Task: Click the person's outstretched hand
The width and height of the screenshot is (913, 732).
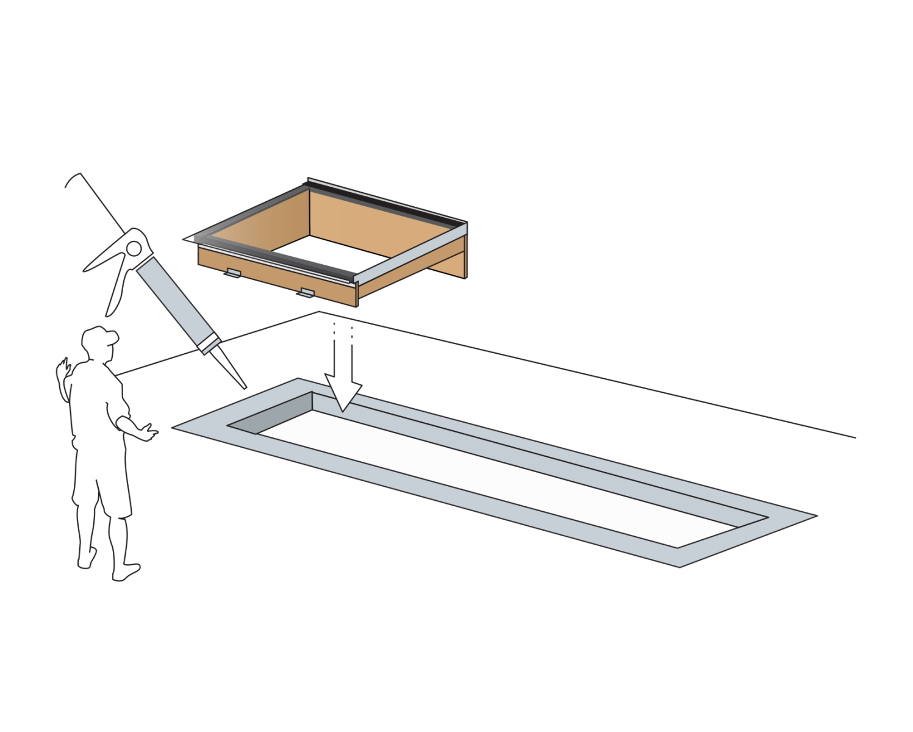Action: [146, 432]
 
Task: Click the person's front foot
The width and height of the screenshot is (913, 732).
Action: [126, 573]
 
